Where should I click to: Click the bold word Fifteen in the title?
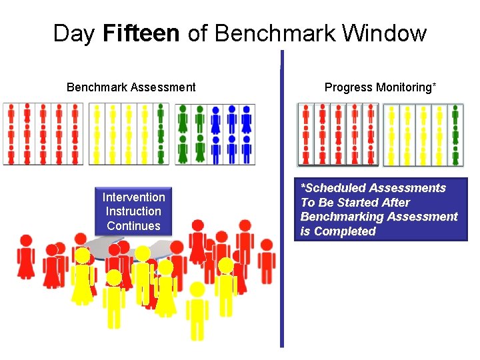[x=141, y=33]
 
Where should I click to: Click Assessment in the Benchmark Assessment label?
[x=164, y=87]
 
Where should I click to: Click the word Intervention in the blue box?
[x=133, y=197]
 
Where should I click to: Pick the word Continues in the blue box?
[x=133, y=225]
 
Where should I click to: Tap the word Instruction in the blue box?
[x=133, y=211]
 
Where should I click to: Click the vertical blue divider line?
[x=281, y=200]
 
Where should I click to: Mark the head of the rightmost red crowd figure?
[x=267, y=245]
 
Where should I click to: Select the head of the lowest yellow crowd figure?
[x=197, y=289]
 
